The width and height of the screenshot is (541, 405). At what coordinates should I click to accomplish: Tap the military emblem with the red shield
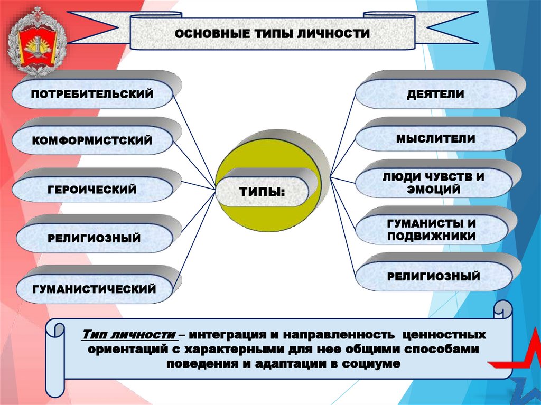pos(35,42)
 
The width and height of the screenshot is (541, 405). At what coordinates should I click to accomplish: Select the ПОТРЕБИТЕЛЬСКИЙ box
pos(92,94)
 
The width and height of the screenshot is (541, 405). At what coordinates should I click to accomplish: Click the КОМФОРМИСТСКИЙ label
pos(92,140)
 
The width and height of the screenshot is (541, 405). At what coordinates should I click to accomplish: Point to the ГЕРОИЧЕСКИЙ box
pos(92,189)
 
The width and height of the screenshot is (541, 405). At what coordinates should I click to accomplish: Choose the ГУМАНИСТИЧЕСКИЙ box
pos(94,289)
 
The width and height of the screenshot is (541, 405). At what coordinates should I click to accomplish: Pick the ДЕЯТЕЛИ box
pos(435,94)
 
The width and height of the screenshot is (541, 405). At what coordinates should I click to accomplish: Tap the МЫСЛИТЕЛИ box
pos(435,139)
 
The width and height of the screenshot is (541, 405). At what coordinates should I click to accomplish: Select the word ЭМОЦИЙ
pos(433,189)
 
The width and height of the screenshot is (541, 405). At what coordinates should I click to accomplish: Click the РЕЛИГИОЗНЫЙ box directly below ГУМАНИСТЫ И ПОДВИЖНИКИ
pos(433,276)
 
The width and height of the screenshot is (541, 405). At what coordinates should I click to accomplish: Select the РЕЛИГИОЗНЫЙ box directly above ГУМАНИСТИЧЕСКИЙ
pos(94,239)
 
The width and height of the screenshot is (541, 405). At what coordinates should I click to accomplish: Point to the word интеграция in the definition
pos(231,336)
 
